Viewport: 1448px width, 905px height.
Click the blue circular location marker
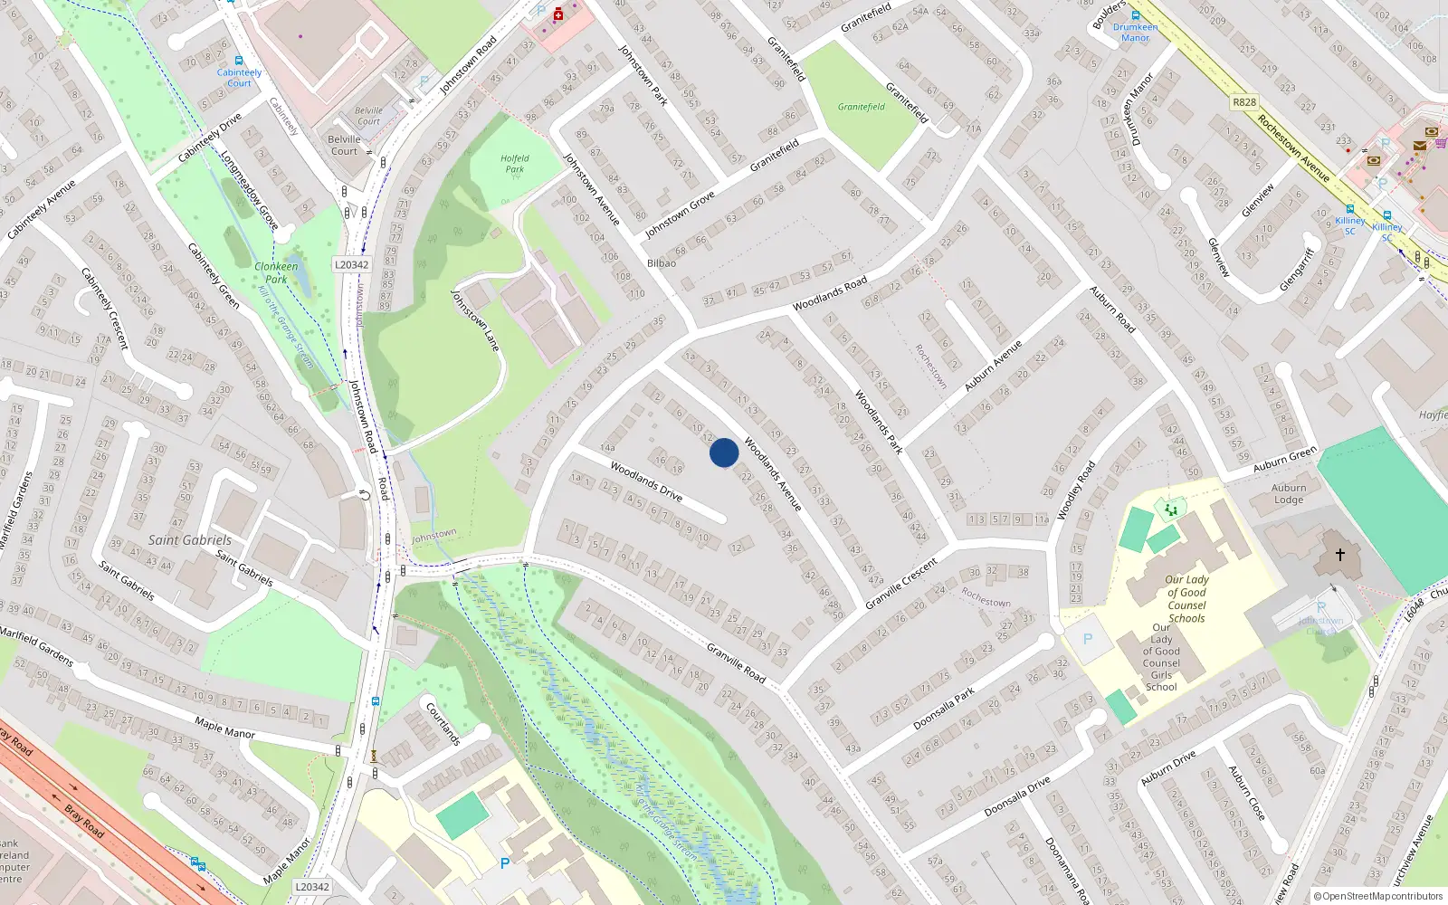pyautogui.click(x=724, y=452)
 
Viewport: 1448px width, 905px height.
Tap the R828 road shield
pyautogui.click(x=1244, y=102)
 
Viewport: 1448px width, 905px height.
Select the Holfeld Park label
pyautogui.click(x=515, y=164)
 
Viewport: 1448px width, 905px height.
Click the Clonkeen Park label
pyautogui.click(x=276, y=272)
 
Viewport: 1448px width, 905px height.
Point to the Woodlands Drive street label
pyautogui.click(x=646, y=481)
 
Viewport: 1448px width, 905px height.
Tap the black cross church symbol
pyautogui.click(x=1340, y=554)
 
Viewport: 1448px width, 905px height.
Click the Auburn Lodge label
pyautogui.click(x=1289, y=494)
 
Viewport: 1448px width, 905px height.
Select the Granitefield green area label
pyautogui.click(x=861, y=107)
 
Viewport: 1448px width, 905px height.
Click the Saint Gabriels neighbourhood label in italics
pyautogui.click(x=190, y=540)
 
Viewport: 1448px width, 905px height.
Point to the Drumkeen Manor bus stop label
pyautogui.click(x=1136, y=33)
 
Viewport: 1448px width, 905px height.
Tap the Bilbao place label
pyautogui.click(x=662, y=263)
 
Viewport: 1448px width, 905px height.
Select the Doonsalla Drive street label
pyautogui.click(x=1017, y=796)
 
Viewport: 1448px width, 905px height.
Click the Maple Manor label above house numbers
pyautogui.click(x=224, y=727)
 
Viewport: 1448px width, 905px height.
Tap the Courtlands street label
pyautogui.click(x=443, y=724)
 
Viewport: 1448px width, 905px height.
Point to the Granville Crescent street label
pyautogui.click(x=901, y=584)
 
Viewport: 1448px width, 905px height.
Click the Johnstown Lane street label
pyautogui.click(x=475, y=320)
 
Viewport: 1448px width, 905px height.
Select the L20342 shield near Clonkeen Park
pyautogui.click(x=351, y=264)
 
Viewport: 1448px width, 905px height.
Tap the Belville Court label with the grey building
pyautogui.click(x=344, y=145)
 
